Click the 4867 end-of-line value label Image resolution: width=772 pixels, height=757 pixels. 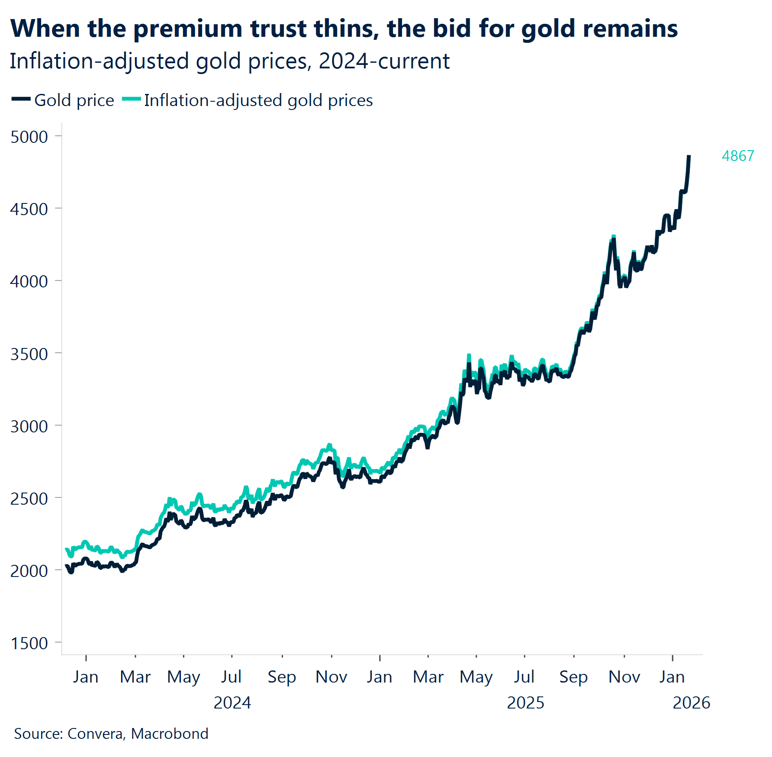coord(738,156)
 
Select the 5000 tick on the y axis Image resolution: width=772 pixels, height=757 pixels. coord(29,137)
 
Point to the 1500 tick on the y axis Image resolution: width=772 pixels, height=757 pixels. coord(29,643)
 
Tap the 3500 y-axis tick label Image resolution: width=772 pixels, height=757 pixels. coord(29,354)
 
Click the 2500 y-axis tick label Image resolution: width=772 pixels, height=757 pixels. coord(29,499)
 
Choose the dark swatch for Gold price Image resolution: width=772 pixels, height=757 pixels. coord(20,99)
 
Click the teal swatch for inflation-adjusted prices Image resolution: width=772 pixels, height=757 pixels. coord(132,99)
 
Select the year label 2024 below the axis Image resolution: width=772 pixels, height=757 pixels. coord(232,703)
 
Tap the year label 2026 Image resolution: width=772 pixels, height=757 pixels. coord(691,703)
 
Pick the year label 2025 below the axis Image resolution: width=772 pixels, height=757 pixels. coord(525,703)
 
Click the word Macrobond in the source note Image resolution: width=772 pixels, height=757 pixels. coord(170,734)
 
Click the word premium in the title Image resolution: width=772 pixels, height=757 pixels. coord(188,29)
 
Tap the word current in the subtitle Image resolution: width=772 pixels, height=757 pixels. coord(414,61)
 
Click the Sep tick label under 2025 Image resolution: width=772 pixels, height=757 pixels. coord(573,677)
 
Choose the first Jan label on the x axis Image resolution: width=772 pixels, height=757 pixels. coord(86,677)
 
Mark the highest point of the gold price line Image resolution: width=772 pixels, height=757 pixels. coord(689,156)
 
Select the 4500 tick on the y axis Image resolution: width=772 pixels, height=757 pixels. coord(29,209)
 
